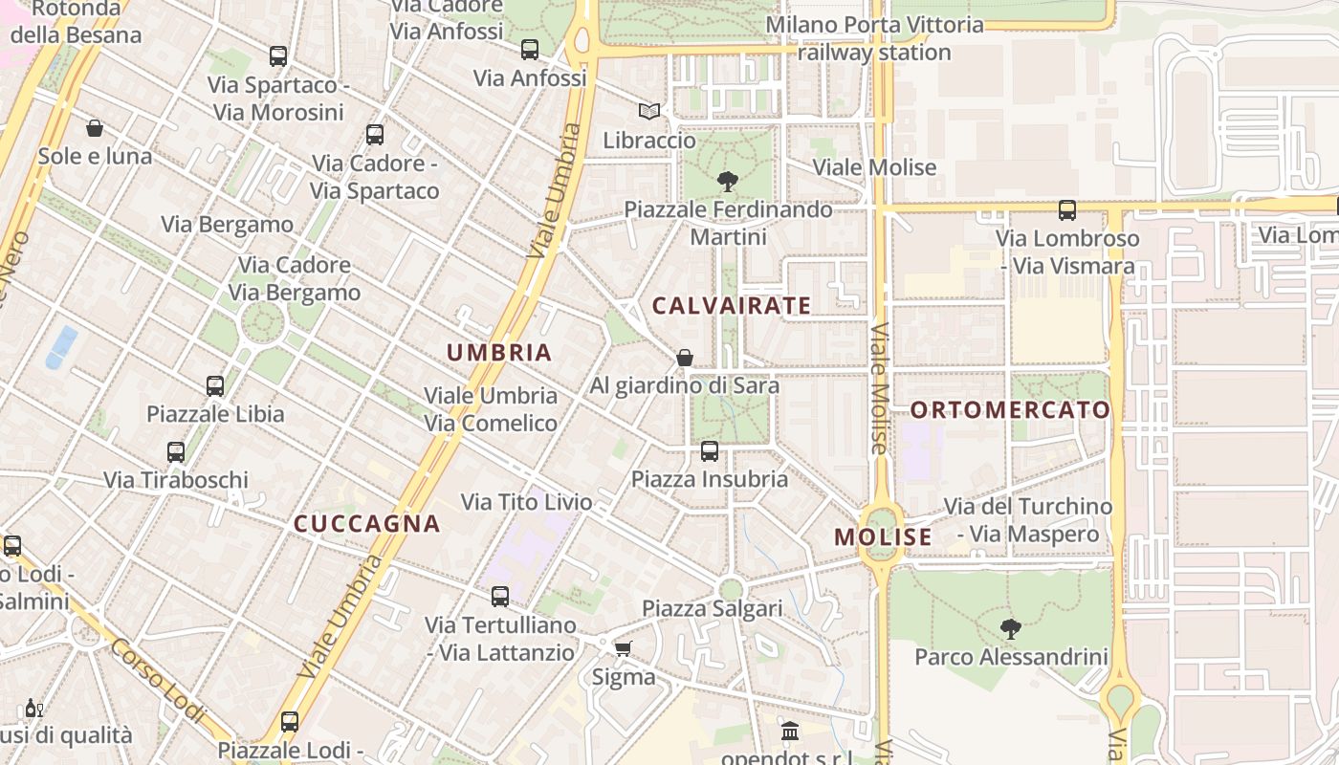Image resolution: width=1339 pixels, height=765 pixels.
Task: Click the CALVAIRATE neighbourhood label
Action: [x=732, y=306]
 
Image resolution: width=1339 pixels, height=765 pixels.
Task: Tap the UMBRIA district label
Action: [x=499, y=352]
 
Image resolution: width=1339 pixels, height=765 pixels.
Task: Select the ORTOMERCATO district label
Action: [x=1010, y=410]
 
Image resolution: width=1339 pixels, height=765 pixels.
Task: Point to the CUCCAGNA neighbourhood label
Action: [x=366, y=524]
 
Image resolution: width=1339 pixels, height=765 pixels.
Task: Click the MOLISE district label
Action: [x=883, y=537]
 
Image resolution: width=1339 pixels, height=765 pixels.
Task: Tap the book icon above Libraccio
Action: [x=649, y=112]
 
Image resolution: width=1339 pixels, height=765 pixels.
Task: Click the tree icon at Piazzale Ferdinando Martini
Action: [x=728, y=181]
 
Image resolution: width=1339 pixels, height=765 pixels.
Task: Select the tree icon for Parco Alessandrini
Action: [x=1010, y=629]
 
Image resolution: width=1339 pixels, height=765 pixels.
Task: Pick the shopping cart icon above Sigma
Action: [x=623, y=649]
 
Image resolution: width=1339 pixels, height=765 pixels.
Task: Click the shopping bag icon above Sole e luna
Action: [x=95, y=128]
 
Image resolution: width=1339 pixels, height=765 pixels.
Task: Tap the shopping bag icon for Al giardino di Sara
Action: [x=685, y=358]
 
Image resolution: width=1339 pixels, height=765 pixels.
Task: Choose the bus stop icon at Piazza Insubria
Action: [x=710, y=451]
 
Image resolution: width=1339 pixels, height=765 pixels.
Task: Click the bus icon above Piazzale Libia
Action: [x=215, y=386]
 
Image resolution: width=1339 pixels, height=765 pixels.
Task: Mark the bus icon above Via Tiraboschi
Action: [x=176, y=452]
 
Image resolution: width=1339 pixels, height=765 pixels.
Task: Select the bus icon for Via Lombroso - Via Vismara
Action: [x=1067, y=210]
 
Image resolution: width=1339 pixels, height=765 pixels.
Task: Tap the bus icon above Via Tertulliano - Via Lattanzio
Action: [x=500, y=597]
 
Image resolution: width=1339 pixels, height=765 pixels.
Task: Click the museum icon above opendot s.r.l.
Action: [x=790, y=732]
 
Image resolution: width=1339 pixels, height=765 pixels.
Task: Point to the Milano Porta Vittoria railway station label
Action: [x=874, y=38]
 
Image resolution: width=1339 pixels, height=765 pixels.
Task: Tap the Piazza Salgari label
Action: [x=712, y=608]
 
